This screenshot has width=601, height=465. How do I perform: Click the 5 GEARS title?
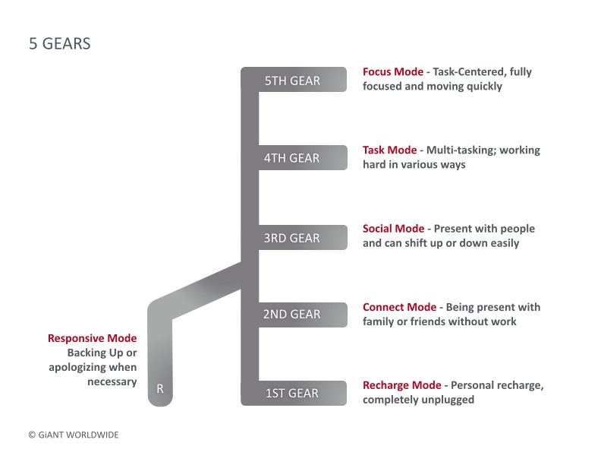pyautogui.click(x=60, y=44)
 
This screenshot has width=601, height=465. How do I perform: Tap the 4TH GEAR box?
pyautogui.click(x=303, y=158)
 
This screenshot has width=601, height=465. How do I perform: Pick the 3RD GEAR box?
pyautogui.click(x=303, y=238)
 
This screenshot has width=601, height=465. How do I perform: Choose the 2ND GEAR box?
pyautogui.click(x=303, y=315)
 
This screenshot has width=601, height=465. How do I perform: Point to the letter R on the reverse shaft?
pyautogui.click(x=160, y=389)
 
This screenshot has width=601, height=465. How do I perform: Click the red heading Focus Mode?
pyautogui.click(x=393, y=71)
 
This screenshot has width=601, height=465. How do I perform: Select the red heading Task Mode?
pyautogui.click(x=389, y=150)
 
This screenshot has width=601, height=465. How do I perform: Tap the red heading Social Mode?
pyautogui.click(x=393, y=229)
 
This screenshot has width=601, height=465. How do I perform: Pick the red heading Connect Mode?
pyautogui.click(x=399, y=307)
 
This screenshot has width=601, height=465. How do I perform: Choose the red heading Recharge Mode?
pyautogui.click(x=401, y=385)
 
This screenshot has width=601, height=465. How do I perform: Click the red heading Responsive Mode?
pyautogui.click(x=92, y=338)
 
